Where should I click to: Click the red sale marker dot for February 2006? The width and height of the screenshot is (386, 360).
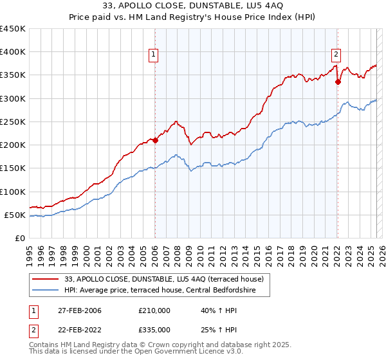[x=155, y=140]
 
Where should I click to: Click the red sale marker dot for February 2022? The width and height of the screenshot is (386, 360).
[x=338, y=82]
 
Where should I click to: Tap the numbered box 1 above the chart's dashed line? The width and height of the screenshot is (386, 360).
[x=154, y=55]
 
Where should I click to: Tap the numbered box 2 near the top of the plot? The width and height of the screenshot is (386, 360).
[x=336, y=55]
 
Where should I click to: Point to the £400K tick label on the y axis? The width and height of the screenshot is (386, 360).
[x=12, y=52]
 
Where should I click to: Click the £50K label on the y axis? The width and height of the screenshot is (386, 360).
[x=15, y=215]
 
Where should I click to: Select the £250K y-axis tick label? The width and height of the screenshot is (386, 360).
[x=12, y=122]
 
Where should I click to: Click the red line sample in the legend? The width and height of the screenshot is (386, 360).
[x=46, y=280]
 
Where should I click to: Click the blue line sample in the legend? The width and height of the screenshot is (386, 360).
[x=46, y=290]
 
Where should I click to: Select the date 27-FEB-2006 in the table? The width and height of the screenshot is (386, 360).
[x=79, y=310]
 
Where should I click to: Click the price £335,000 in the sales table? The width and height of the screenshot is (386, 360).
[x=154, y=330]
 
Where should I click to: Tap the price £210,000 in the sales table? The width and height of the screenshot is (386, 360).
[x=154, y=310]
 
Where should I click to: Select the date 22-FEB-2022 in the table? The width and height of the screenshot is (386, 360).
[x=79, y=330]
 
